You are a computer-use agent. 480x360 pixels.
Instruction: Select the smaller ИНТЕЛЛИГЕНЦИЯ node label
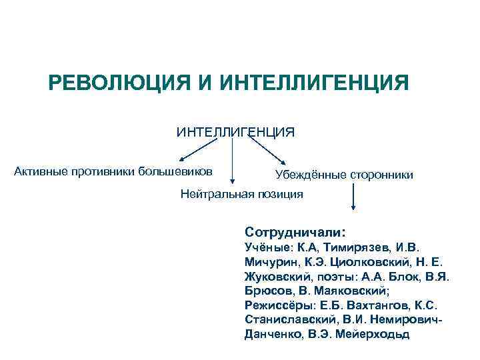tap(235, 132)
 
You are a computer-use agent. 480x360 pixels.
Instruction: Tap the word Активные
tap(41, 171)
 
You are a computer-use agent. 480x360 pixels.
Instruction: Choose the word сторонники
tap(381, 175)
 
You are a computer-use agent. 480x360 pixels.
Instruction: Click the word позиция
tap(281, 194)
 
